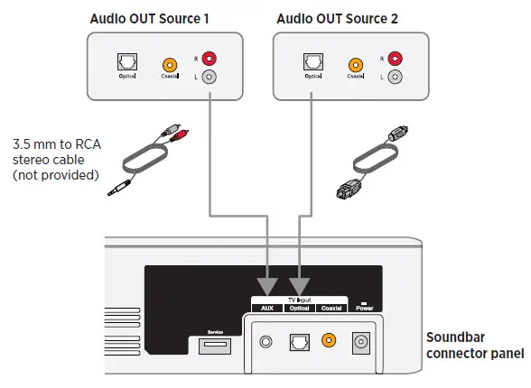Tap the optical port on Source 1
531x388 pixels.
tap(126, 64)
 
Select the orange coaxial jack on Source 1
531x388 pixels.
tap(169, 65)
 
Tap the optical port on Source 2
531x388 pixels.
tap(312, 64)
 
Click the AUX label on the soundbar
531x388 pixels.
tap(267, 308)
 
